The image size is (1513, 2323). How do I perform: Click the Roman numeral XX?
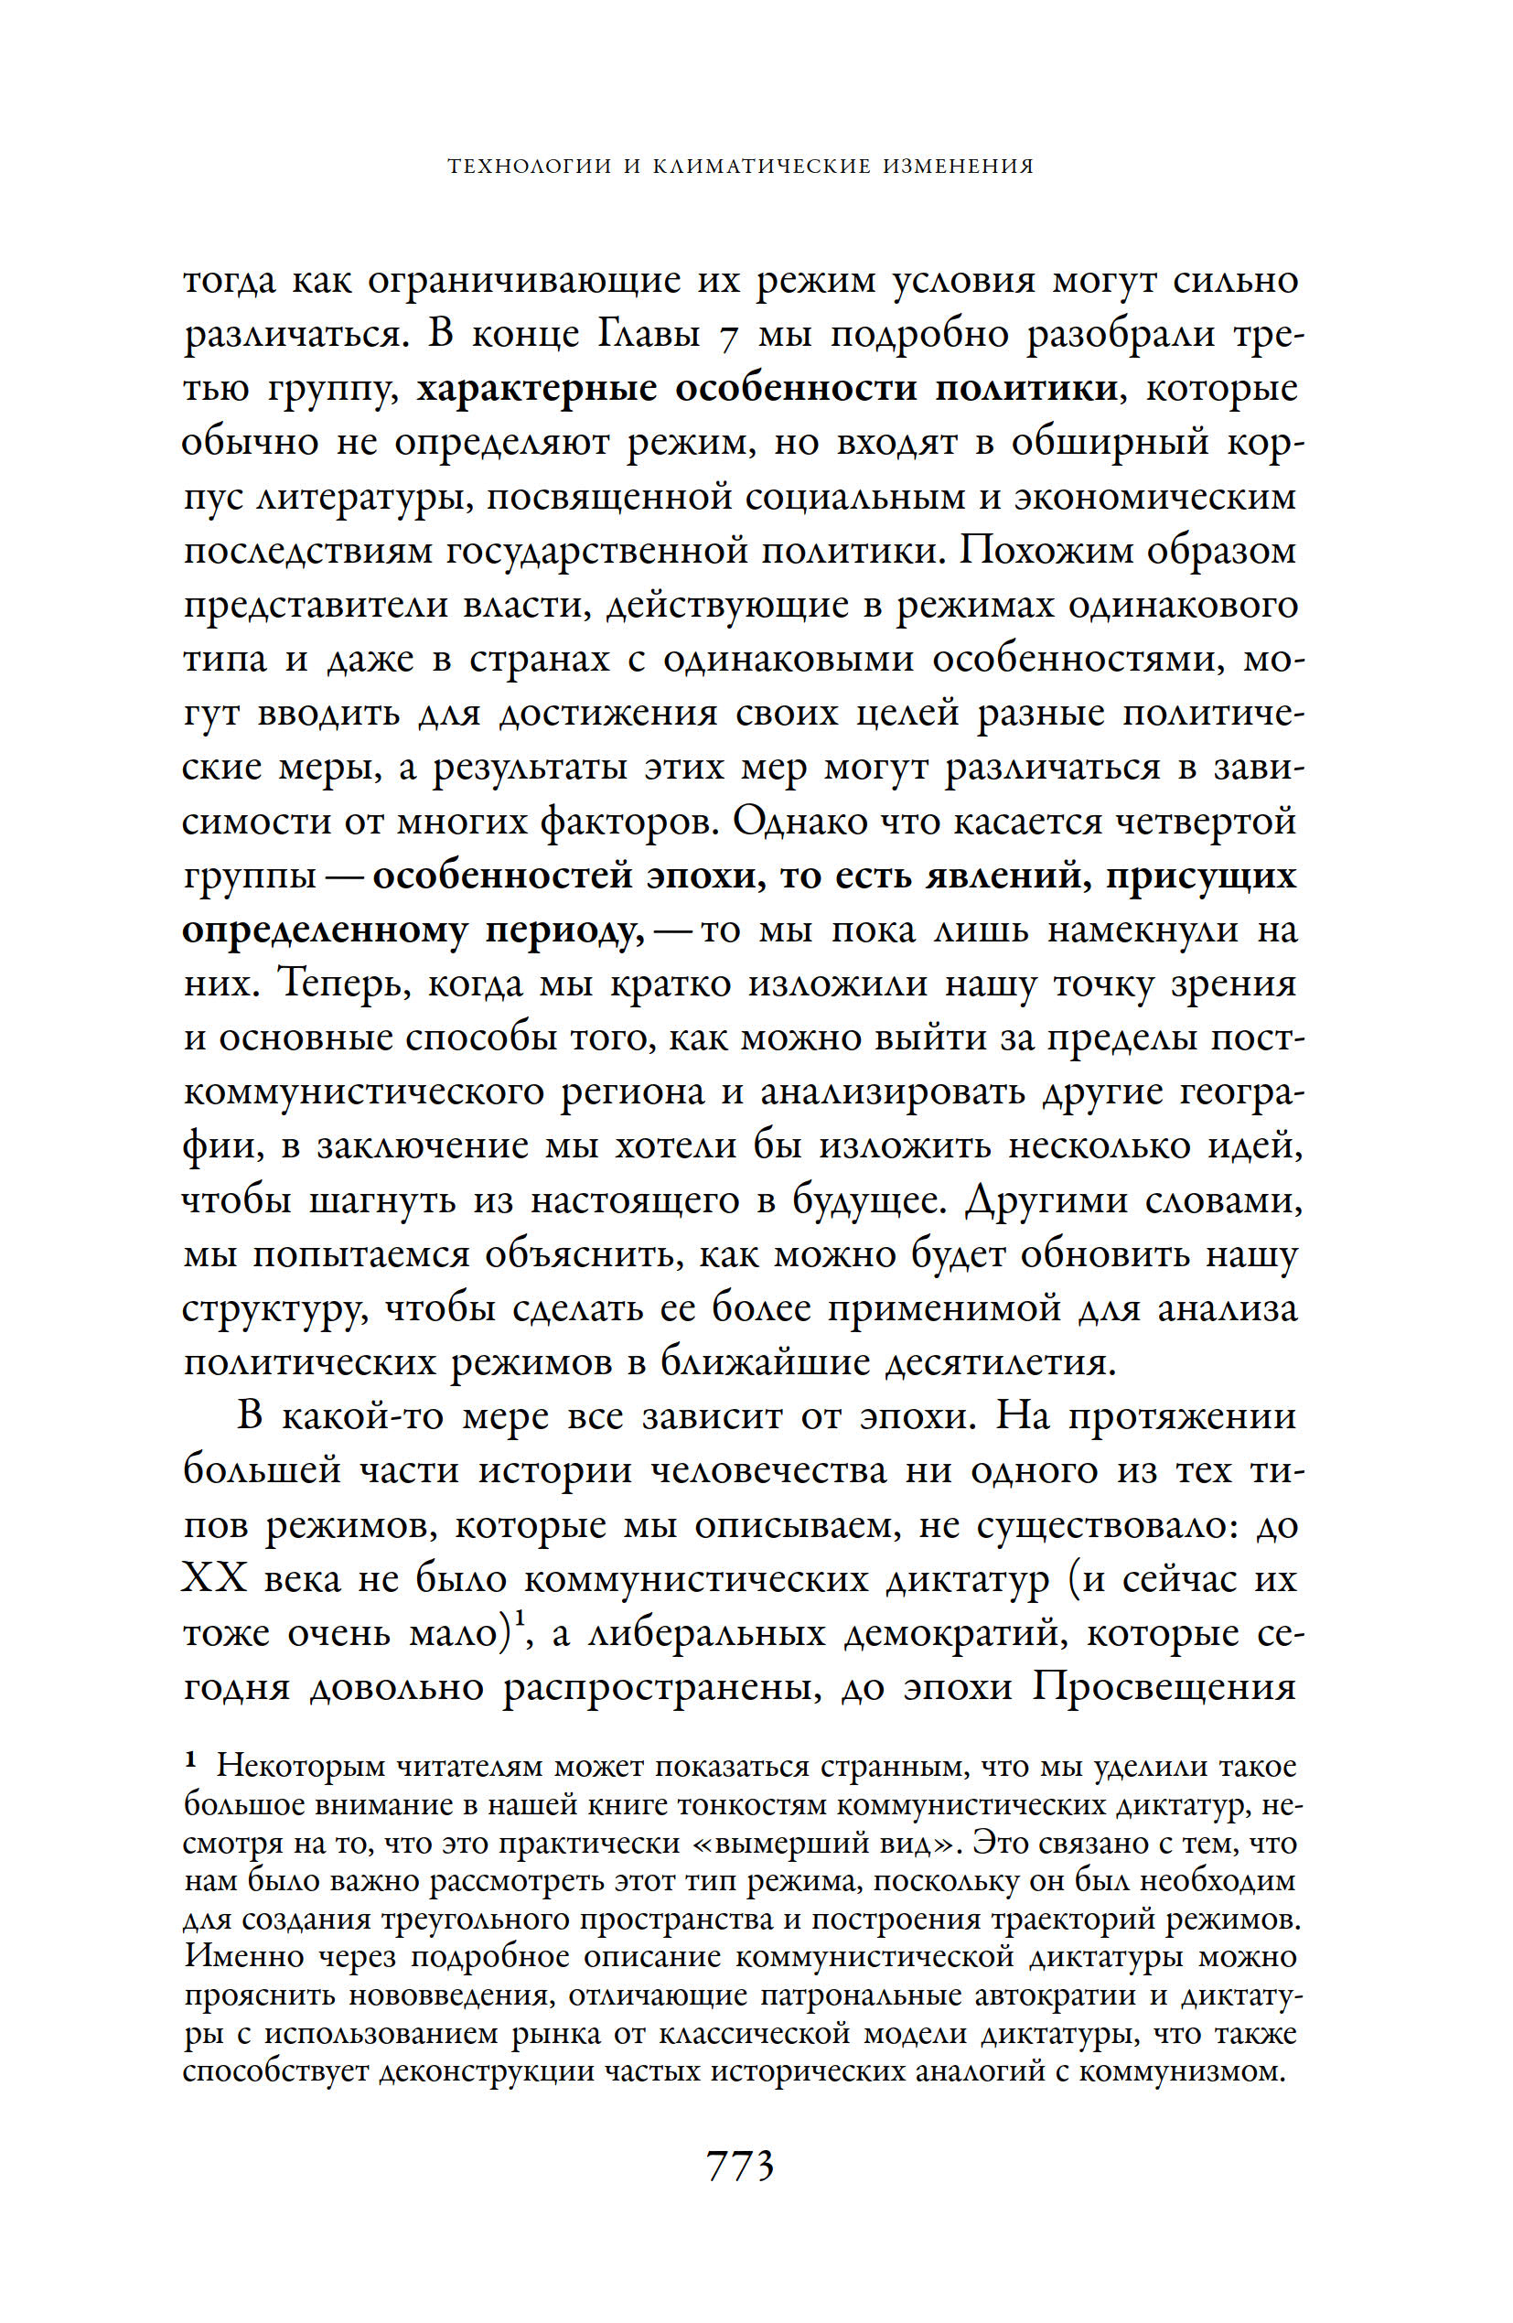[214, 1579]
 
